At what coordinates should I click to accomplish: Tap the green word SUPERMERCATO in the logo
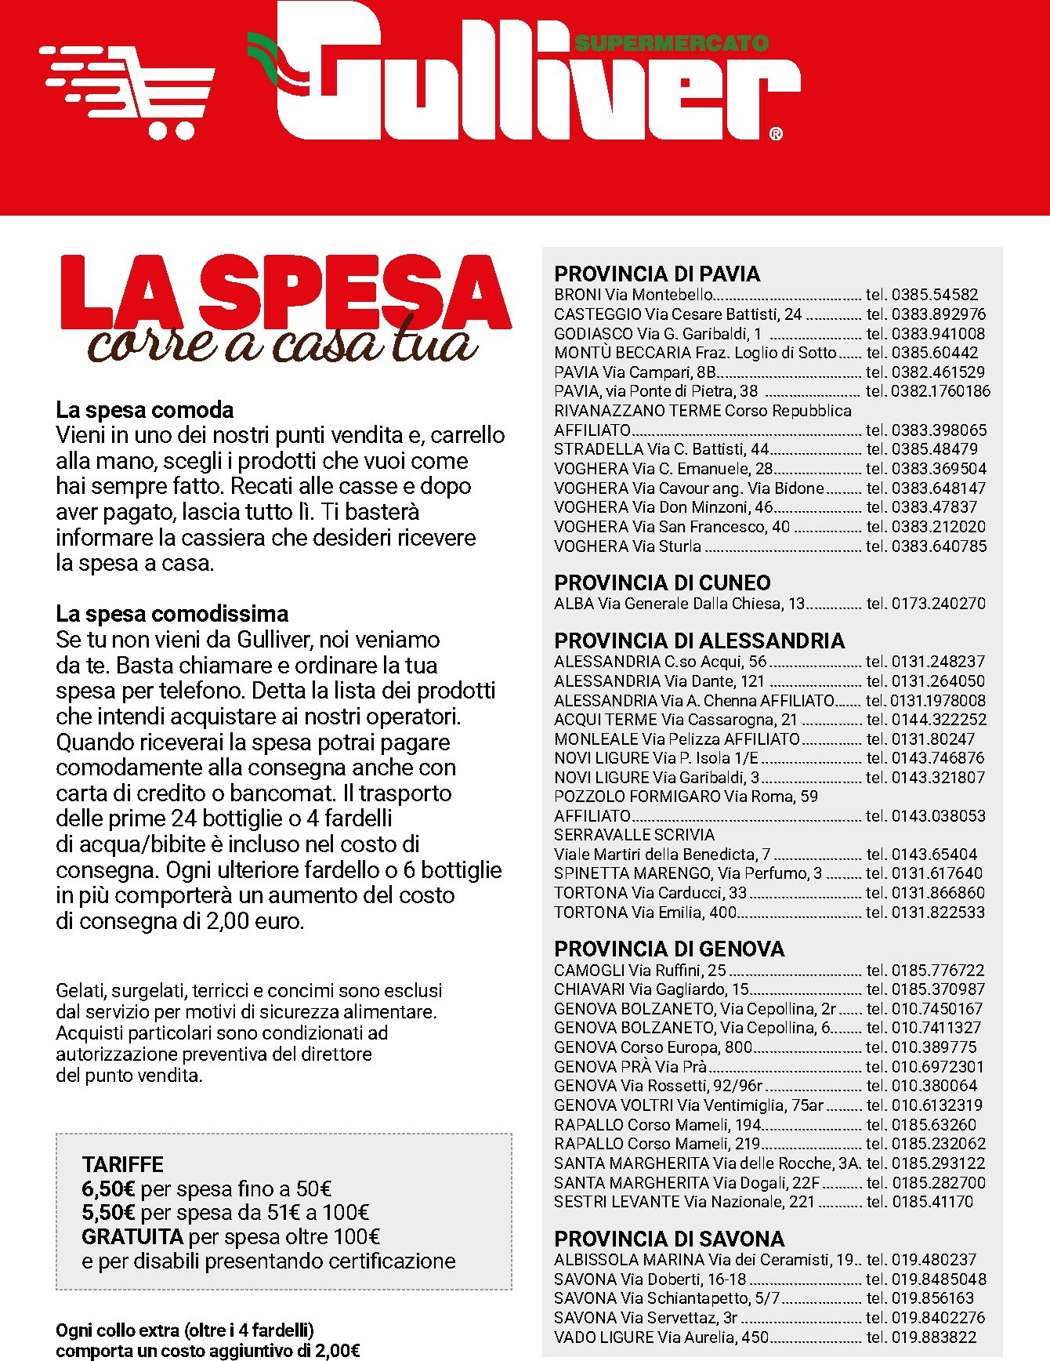[x=672, y=43]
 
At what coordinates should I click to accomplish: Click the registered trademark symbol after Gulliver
[x=776, y=134]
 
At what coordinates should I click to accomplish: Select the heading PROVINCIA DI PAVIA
[x=657, y=274]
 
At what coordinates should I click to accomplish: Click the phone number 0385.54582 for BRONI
[x=935, y=295]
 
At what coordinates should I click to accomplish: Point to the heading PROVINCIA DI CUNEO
[x=662, y=583]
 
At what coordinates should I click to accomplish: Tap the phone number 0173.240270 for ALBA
[x=939, y=604]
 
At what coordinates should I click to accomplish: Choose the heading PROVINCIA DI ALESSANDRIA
[x=699, y=641]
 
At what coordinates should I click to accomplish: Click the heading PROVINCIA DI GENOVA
[x=669, y=949]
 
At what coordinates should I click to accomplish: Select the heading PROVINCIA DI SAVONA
[x=669, y=1239]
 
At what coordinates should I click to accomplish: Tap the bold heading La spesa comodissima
[x=172, y=613]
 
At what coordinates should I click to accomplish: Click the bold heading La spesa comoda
[x=145, y=410]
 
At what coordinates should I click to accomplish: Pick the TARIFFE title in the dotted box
[x=123, y=1164]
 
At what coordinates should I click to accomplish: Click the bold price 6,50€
[x=109, y=1189]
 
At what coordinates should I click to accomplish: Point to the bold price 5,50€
[x=109, y=1213]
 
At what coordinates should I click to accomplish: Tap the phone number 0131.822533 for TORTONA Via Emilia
[x=939, y=913]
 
